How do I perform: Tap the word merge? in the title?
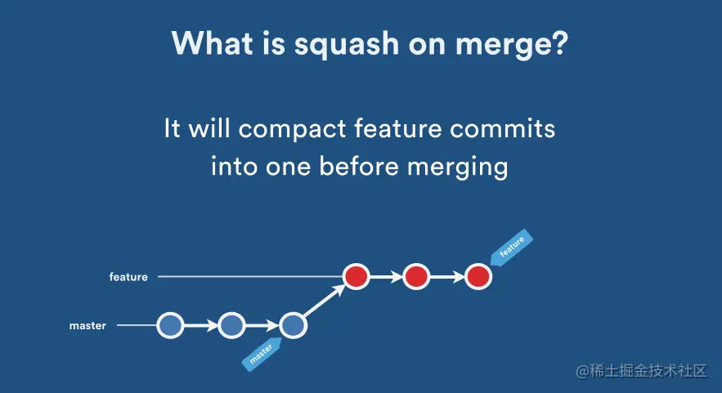(512, 45)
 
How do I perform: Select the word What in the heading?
(213, 42)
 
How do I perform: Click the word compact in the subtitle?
(292, 129)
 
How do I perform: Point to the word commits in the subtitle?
(502, 128)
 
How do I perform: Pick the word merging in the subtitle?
(457, 167)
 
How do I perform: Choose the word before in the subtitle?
(359, 166)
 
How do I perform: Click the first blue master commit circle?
(170, 325)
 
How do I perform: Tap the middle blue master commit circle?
(231, 325)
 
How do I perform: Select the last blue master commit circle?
(293, 325)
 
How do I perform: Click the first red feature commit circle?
(356, 276)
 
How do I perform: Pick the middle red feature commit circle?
(416, 276)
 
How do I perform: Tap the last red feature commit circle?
(478, 276)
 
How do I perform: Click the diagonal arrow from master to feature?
(325, 301)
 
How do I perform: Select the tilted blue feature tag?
(511, 247)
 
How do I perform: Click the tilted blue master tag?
(262, 354)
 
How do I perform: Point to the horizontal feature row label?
(128, 277)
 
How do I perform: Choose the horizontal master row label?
(87, 326)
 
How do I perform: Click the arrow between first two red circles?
(386, 277)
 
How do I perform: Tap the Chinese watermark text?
(641, 371)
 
